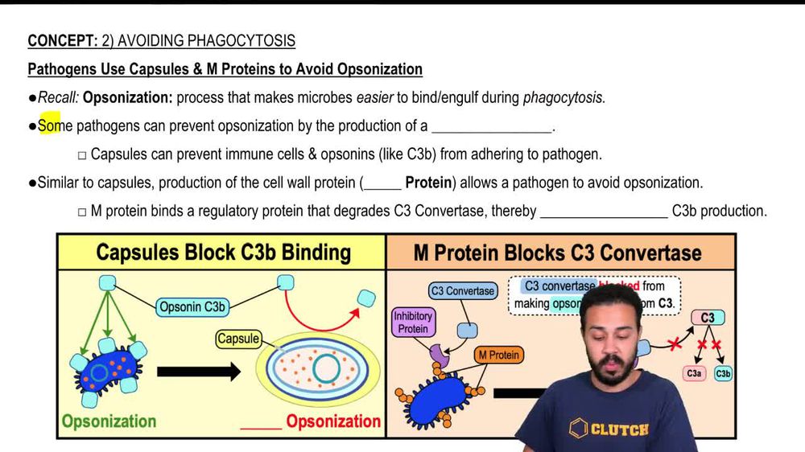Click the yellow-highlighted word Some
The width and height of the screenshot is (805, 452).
(49, 126)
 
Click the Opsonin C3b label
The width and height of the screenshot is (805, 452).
(192, 306)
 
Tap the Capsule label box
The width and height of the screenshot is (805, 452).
(238, 339)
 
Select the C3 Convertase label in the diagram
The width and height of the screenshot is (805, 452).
(463, 291)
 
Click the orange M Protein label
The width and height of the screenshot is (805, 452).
(498, 355)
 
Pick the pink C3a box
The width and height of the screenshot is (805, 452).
(694, 373)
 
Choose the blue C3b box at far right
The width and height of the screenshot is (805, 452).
(723, 373)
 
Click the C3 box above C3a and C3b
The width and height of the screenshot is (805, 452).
(707, 318)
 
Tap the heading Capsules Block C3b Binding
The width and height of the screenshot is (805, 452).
(223, 253)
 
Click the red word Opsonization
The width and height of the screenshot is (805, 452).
(333, 421)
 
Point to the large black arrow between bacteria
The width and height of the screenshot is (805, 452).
(198, 372)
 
